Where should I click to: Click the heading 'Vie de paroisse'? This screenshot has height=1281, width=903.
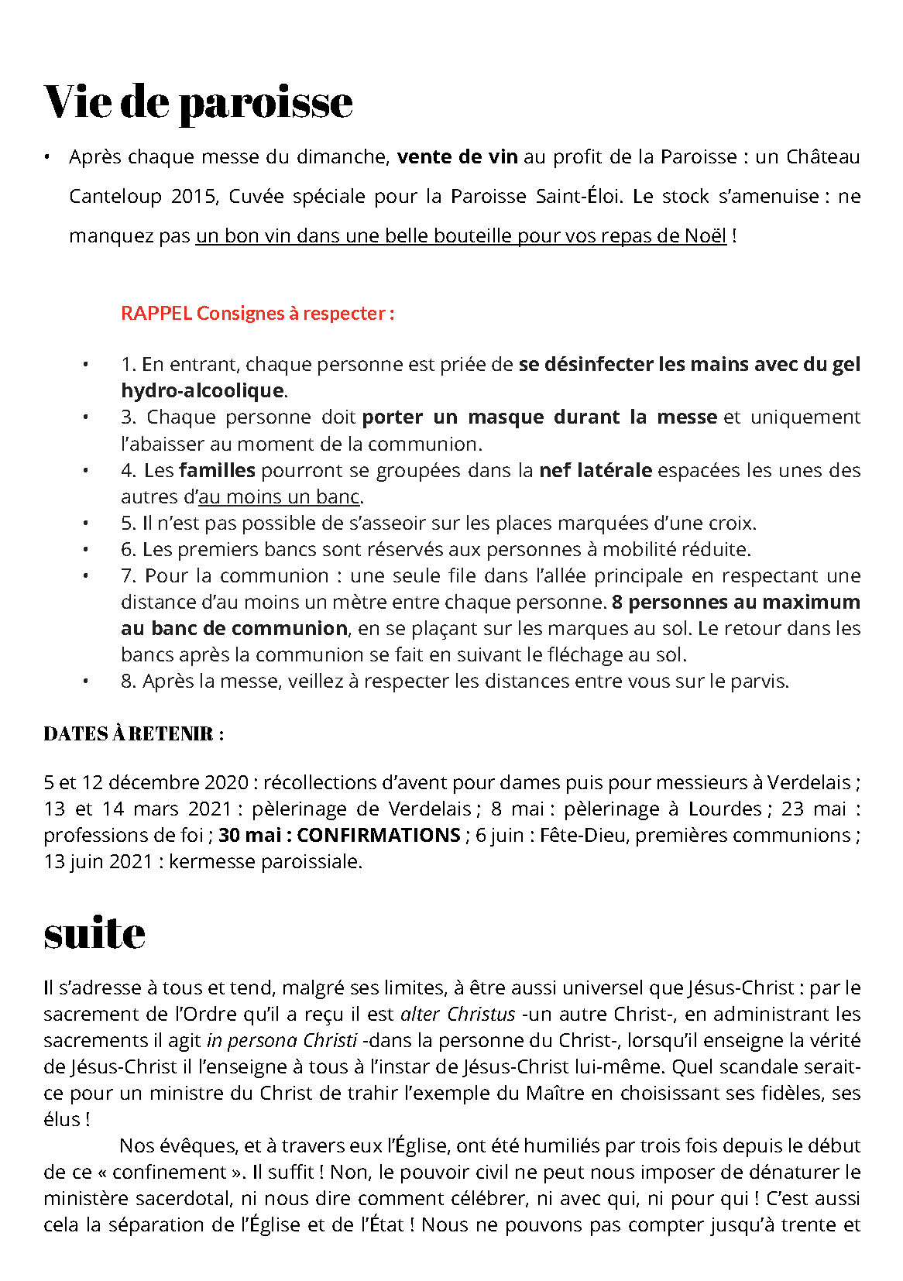tap(198, 102)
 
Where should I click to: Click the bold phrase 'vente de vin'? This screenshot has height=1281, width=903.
tap(457, 157)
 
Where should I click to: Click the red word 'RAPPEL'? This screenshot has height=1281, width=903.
tap(156, 314)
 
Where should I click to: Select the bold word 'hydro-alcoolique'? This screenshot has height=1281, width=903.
tap(202, 390)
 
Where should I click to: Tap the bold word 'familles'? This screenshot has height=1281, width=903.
tap(217, 470)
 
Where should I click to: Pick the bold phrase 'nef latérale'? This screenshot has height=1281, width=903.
tap(596, 470)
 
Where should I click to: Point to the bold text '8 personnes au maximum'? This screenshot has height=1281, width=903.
tap(736, 603)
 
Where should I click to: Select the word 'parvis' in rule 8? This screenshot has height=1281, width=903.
tap(757, 682)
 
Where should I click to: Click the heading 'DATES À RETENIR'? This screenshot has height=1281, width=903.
tap(133, 734)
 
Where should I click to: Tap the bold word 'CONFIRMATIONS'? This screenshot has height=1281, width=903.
tap(379, 836)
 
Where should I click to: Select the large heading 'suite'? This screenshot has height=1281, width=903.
tap(94, 933)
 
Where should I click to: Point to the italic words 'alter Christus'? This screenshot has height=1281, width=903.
tap(458, 1015)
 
